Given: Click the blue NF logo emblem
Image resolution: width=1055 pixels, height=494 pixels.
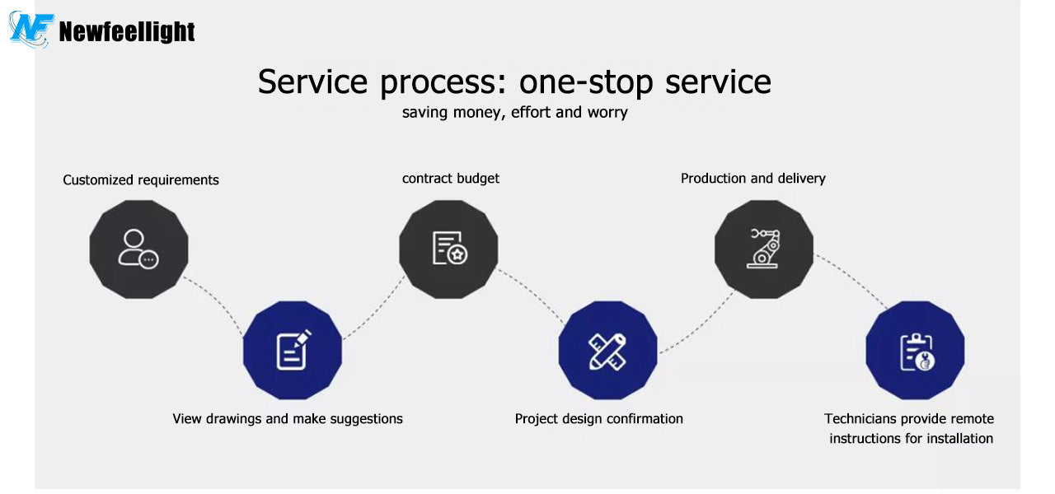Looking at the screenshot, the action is click(x=31, y=29).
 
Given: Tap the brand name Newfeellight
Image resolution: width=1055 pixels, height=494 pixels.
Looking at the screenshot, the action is click(x=127, y=32).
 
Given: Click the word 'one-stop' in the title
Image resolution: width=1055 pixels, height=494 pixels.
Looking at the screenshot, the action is click(x=586, y=82).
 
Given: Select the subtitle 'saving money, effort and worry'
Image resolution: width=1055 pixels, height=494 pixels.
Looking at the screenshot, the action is click(x=515, y=113).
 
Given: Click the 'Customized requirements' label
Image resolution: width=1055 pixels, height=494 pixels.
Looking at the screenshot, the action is click(x=141, y=179).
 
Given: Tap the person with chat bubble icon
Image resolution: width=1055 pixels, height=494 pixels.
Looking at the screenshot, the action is click(x=138, y=249).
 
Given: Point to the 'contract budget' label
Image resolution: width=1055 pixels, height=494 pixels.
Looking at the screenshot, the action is click(x=451, y=179).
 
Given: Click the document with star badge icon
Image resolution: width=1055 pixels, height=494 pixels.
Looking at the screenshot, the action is click(x=450, y=248).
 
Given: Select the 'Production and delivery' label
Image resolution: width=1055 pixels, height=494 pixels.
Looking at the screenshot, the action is click(x=753, y=179).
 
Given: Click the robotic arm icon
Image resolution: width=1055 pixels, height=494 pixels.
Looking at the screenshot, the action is click(x=763, y=249).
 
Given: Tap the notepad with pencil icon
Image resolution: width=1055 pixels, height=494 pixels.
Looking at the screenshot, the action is click(x=293, y=350).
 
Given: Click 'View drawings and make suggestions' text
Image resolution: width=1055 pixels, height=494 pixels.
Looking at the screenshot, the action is click(x=288, y=419).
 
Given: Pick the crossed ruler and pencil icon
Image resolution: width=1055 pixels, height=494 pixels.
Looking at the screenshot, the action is click(x=607, y=352).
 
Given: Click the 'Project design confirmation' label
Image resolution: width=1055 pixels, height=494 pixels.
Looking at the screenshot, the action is click(x=598, y=419).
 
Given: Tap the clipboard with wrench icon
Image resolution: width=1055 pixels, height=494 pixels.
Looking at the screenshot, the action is click(x=917, y=352).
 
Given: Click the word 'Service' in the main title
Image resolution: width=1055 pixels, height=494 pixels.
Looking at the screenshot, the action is click(x=312, y=82).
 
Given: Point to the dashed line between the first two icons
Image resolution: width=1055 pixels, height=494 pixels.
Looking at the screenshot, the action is click(x=215, y=301).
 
